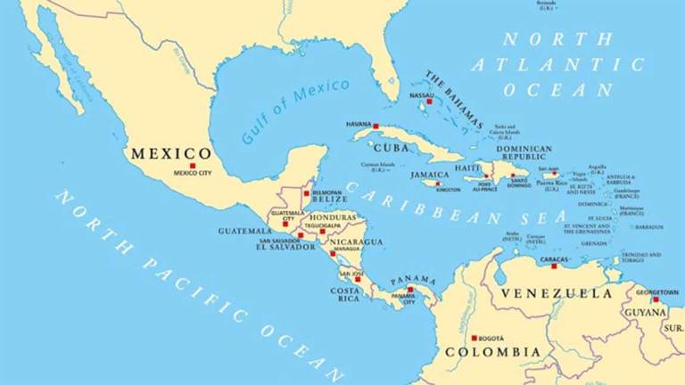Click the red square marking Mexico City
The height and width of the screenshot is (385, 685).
click(x=192, y=165)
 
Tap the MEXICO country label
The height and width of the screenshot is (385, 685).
click(x=171, y=153)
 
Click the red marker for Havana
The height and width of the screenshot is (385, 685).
click(x=376, y=126)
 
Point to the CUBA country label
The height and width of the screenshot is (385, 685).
click(x=392, y=148)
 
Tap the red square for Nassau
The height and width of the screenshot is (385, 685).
click(x=429, y=102)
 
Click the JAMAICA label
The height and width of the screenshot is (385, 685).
click(x=429, y=176)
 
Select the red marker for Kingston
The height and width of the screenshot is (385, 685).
click(x=438, y=184)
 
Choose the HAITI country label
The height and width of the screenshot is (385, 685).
click(x=467, y=168)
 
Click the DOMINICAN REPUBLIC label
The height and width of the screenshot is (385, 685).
click(x=524, y=154)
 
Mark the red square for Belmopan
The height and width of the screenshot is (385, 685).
click(x=306, y=192)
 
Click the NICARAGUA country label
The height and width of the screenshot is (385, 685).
click(x=356, y=242)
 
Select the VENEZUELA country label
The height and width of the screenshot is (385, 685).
click(x=556, y=293)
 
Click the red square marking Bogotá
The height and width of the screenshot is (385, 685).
click(x=475, y=338)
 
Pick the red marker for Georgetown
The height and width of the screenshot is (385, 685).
click(x=656, y=299)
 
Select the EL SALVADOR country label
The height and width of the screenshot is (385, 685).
click(x=285, y=247)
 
